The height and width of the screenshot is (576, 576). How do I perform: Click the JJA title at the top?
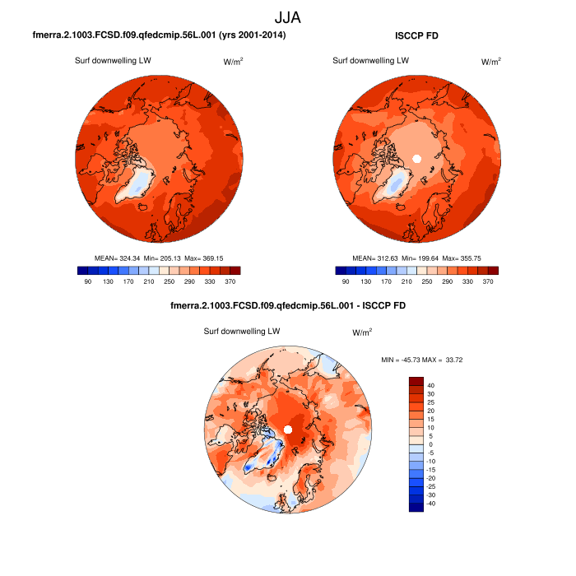[288, 16]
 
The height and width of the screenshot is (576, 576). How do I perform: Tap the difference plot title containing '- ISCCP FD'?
[287, 305]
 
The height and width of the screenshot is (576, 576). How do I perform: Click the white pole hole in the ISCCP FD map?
[416, 158]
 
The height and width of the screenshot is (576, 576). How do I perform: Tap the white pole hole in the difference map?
[287, 430]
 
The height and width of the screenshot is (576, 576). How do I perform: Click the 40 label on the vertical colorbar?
[431, 385]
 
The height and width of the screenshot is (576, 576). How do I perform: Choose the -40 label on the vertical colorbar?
[431, 504]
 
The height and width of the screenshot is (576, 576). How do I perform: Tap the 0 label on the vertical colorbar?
[431, 444]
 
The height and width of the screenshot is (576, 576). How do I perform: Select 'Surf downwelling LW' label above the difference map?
[242, 331]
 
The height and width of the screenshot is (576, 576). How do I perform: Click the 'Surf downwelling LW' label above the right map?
[371, 61]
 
